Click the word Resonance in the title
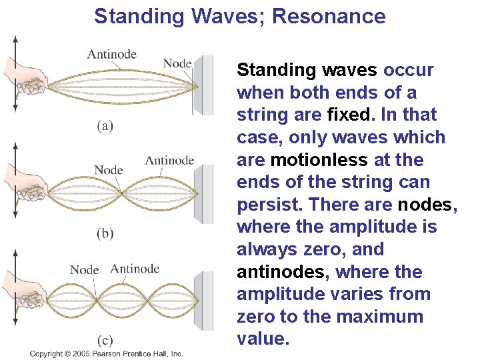329,16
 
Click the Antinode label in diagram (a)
111,54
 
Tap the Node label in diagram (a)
177,63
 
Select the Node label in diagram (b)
108,170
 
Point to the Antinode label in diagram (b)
169,160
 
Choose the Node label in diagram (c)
84,270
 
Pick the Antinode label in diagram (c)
135,269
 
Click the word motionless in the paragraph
319,160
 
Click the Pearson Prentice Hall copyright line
106,353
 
